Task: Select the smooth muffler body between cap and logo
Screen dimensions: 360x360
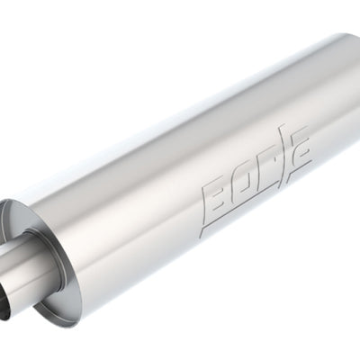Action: [135, 207]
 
